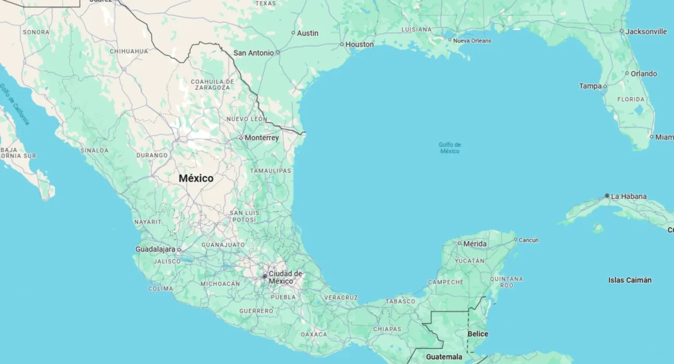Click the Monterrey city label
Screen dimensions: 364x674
[x=262, y=138]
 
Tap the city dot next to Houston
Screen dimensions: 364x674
[x=342, y=44]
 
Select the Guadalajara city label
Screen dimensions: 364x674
[x=155, y=249]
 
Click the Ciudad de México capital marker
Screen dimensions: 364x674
[x=265, y=276]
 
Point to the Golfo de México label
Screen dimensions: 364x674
[x=450, y=148]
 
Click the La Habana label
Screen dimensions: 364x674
[x=629, y=196]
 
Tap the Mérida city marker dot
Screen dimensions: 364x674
[x=459, y=243]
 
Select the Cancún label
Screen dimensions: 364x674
[x=528, y=240]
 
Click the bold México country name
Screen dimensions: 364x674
[x=196, y=178]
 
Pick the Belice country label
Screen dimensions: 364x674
[x=478, y=334]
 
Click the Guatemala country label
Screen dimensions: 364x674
[x=444, y=357]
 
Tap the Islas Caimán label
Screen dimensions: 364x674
[x=630, y=280]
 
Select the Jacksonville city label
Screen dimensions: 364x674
[x=646, y=32]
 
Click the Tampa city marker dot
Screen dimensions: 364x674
[x=605, y=86]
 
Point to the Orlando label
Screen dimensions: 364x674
[x=643, y=74]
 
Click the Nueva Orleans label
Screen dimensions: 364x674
[x=472, y=41]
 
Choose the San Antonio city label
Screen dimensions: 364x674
[x=253, y=53]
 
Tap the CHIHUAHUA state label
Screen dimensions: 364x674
[x=129, y=51]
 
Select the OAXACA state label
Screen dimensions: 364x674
[x=314, y=334]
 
